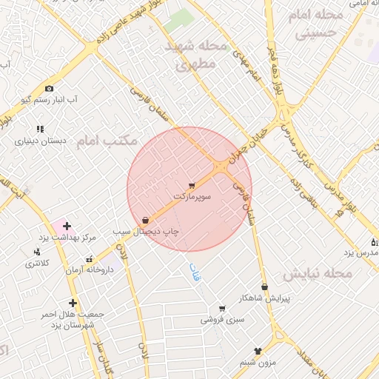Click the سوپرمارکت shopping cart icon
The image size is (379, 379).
coord(192,186)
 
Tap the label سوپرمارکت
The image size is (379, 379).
coord(192,198)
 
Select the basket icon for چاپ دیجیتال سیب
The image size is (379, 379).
coord(145,221)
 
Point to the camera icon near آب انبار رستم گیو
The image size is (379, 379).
coord(50,89)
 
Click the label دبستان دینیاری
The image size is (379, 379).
coord(41,139)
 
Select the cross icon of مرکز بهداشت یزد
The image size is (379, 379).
coord(67,226)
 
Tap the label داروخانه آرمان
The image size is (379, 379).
coord(90,270)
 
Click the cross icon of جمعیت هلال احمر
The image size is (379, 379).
coord(73,303)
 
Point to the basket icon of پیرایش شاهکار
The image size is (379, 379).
coord(264,287)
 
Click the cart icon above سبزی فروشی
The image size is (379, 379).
coord(221,309)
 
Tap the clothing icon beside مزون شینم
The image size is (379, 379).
coord(258,352)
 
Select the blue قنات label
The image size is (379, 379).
coord(195,272)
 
